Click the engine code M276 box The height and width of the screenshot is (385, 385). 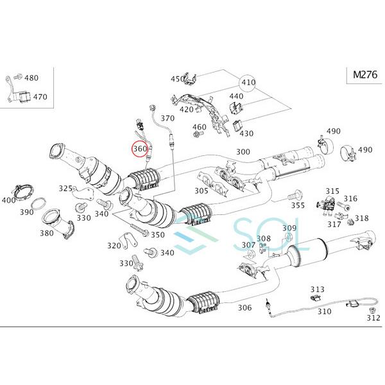pyautogui.click(x=363, y=74)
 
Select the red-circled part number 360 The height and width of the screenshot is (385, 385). pyautogui.click(x=139, y=149)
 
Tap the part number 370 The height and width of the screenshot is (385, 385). pyautogui.click(x=167, y=118)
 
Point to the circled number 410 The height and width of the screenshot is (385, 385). pyautogui.click(x=248, y=83)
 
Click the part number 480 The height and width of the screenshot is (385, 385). pyautogui.click(x=31, y=78)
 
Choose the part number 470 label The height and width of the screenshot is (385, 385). pyautogui.click(x=40, y=97)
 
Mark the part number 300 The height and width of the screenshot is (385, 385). pyautogui.click(x=243, y=152)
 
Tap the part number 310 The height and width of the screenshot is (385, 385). pyautogui.click(x=324, y=311)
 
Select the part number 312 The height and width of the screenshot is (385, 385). pyautogui.click(x=373, y=317)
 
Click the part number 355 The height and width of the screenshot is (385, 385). pyautogui.click(x=298, y=205)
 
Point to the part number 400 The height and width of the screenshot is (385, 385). pyautogui.click(x=8, y=200)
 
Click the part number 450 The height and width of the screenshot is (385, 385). pyautogui.click(x=176, y=79)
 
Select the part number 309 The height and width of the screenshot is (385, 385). pyautogui.click(x=289, y=228)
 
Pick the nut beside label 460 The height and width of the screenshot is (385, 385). pyautogui.click(x=196, y=135)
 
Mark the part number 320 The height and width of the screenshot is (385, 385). pyautogui.click(x=114, y=245)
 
